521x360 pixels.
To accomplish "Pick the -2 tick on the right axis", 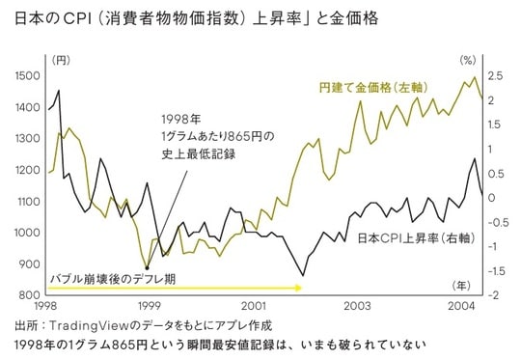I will pyautogui.click(x=494, y=295).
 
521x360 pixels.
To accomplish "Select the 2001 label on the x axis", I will pyautogui.click(x=254, y=306).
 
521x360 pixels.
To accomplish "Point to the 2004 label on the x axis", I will pyautogui.click(x=460, y=306).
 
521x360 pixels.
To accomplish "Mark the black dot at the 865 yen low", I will pyautogui.click(x=147, y=269).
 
